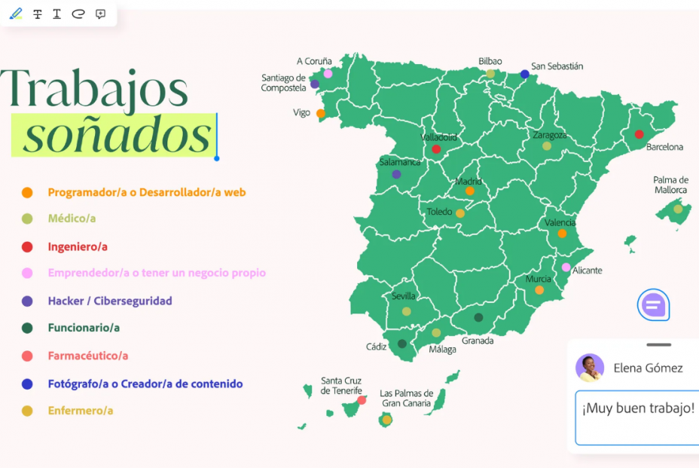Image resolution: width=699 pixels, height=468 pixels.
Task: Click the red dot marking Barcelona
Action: click(x=639, y=135)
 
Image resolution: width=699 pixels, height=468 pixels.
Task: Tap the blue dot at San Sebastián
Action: click(x=525, y=74)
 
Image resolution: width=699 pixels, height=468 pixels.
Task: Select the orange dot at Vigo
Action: click(x=321, y=114)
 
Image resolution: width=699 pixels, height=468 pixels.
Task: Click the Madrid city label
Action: click(x=469, y=182)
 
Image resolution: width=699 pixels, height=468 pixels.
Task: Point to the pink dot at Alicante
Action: click(x=566, y=268)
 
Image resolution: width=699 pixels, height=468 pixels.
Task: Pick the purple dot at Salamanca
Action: click(x=396, y=175)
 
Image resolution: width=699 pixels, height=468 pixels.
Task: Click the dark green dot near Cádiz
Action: click(x=402, y=344)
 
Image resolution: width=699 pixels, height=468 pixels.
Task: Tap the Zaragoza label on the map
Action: click(x=550, y=136)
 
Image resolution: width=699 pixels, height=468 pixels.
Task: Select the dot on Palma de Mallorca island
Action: click(x=678, y=209)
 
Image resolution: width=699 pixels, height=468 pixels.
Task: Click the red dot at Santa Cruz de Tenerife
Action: click(x=362, y=400)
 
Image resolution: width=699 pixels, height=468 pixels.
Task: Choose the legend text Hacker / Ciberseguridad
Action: click(x=110, y=301)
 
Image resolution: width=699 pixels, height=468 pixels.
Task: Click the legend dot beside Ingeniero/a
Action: click(x=27, y=246)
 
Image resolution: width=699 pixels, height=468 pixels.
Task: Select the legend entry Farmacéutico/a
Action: click(x=88, y=356)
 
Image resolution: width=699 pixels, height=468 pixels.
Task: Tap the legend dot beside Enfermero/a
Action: click(x=27, y=411)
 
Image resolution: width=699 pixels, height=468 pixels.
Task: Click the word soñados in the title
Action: click(x=117, y=136)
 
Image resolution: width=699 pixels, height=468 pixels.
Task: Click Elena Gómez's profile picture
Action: click(x=590, y=368)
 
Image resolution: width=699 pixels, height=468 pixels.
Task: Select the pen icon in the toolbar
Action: click(x=16, y=14)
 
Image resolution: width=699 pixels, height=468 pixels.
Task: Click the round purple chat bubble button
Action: click(x=653, y=305)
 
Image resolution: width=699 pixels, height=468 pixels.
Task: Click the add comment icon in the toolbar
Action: click(x=100, y=14)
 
